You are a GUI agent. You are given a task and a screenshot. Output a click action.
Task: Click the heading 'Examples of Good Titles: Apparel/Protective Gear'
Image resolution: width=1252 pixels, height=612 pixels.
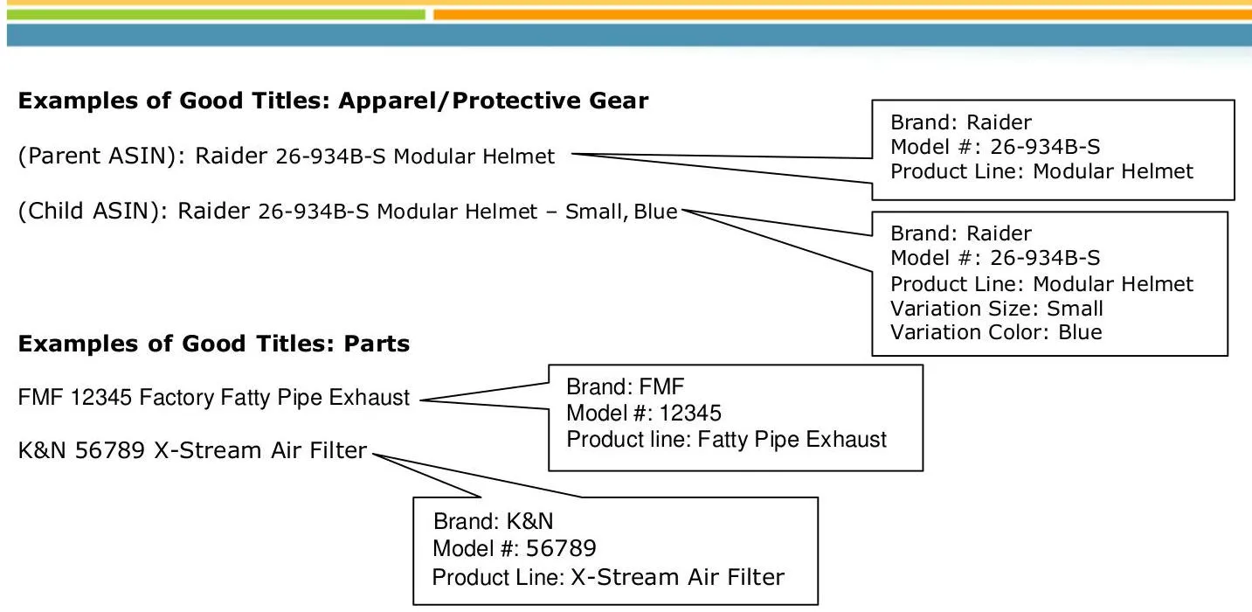click(x=333, y=101)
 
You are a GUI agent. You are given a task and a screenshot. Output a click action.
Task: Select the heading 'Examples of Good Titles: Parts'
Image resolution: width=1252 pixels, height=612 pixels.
click(x=214, y=344)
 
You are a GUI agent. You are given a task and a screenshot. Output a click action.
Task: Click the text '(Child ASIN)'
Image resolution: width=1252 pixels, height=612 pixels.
click(x=92, y=212)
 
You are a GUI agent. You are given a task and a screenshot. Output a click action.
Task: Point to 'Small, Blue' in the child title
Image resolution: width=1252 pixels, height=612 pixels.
click(x=621, y=212)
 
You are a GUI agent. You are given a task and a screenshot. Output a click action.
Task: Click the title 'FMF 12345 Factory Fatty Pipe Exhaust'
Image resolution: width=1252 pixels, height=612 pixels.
click(x=214, y=398)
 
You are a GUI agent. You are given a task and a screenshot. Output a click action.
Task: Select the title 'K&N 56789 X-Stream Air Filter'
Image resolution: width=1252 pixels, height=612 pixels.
click(x=192, y=451)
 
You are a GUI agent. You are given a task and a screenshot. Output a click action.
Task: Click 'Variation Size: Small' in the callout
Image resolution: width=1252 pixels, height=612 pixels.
click(x=997, y=309)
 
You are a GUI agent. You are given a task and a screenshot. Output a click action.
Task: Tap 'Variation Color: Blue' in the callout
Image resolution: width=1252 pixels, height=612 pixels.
click(x=996, y=332)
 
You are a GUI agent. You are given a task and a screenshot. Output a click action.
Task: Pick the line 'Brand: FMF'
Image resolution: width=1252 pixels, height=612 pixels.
click(x=616, y=386)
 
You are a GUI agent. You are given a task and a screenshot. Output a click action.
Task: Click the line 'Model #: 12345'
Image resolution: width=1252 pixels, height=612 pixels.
click(x=644, y=413)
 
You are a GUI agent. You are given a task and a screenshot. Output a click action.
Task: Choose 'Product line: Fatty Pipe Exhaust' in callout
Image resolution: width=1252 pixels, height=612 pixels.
click(x=726, y=439)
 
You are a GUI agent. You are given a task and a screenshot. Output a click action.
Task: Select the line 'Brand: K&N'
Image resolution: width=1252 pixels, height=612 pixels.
click(x=494, y=522)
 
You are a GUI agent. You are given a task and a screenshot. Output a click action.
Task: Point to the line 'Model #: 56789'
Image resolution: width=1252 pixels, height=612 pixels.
click(x=515, y=549)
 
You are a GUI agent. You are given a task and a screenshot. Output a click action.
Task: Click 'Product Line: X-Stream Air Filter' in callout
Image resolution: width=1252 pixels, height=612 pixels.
click(x=608, y=577)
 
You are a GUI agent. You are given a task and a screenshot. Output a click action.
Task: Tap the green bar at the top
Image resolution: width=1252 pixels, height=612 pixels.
click(x=215, y=15)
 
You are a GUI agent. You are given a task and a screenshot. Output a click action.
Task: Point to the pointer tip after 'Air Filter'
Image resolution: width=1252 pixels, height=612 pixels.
click(x=372, y=455)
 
